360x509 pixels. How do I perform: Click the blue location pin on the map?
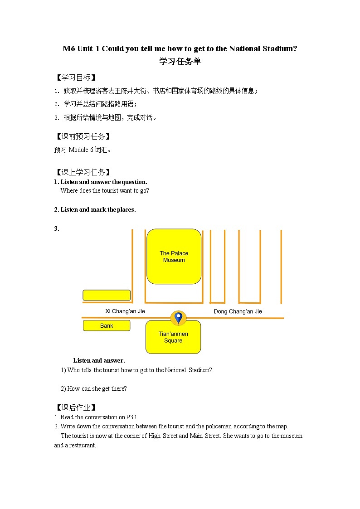click(x=178, y=318)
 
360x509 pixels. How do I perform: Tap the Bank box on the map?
click(x=107, y=325)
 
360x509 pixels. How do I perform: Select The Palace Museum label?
click(x=174, y=257)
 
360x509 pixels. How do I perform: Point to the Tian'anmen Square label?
click(x=173, y=337)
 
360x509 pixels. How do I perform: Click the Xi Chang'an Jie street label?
click(x=125, y=311)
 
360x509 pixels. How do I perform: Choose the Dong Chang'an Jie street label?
click(x=238, y=311)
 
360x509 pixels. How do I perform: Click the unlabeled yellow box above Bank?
click(x=107, y=295)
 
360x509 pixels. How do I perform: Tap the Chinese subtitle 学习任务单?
click(x=180, y=62)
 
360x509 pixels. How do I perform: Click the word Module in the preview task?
click(x=78, y=150)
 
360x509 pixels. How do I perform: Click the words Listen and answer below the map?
click(x=99, y=361)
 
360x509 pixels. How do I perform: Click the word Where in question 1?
click(x=69, y=191)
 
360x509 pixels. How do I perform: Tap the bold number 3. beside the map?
click(x=57, y=229)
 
